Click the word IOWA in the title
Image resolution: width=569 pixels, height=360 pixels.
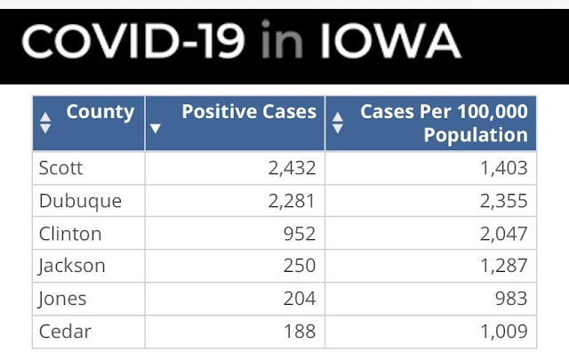pyautogui.click(x=391, y=41)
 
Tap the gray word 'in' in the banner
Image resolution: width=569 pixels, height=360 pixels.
pyautogui.click(x=282, y=39)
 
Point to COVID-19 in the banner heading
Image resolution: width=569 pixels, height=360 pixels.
pyautogui.click(x=133, y=41)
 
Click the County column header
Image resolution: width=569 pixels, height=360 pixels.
pyautogui.click(x=100, y=112)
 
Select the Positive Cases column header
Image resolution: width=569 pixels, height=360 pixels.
pyautogui.click(x=249, y=111)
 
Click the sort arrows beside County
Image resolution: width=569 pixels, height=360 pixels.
pyautogui.click(x=45, y=123)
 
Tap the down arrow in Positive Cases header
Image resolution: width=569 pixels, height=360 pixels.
pyautogui.click(x=156, y=128)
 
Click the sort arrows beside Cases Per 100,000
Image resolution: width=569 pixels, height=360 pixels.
pyautogui.click(x=338, y=123)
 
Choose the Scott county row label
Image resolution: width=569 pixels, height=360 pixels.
pyautogui.click(x=60, y=168)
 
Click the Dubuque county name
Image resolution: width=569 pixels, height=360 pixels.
pyautogui.click(x=80, y=202)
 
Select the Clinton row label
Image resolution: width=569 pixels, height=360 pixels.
pyautogui.click(x=70, y=234)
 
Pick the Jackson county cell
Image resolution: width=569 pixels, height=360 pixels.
pyautogui.click(x=71, y=267)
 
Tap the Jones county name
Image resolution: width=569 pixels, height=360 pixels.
pyautogui.click(x=62, y=300)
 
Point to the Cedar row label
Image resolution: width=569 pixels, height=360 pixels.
pyautogui.click(x=65, y=332)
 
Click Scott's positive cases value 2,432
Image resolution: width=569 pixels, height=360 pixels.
pyautogui.click(x=292, y=168)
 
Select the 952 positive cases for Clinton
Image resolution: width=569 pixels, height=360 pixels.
pyautogui.click(x=300, y=234)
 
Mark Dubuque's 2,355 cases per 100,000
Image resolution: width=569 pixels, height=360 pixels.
pyautogui.click(x=504, y=201)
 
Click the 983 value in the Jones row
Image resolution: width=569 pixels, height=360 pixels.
pyautogui.click(x=511, y=299)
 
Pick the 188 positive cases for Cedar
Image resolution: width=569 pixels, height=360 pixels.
pyautogui.click(x=300, y=332)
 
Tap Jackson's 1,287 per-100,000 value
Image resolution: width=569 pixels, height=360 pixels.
pyautogui.click(x=504, y=266)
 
